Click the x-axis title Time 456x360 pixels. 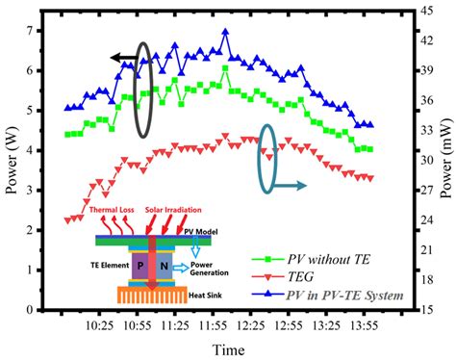[227, 347]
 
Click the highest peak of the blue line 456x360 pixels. [225, 31]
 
